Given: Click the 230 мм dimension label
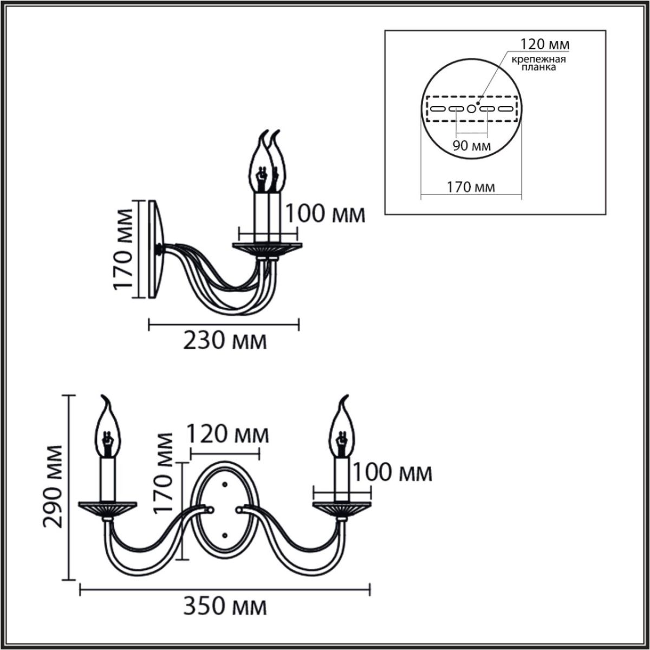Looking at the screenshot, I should (x=225, y=342).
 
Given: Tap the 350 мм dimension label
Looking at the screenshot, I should (x=225, y=607).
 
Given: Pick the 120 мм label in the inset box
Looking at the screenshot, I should (x=544, y=43).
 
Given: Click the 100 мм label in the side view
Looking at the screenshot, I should (x=325, y=214).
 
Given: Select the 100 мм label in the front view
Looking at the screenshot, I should (x=392, y=472).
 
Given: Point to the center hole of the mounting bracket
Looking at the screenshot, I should (x=471, y=109).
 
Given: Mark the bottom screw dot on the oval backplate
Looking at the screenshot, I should (x=225, y=535).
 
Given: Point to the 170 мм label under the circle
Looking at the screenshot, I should (x=471, y=188).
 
